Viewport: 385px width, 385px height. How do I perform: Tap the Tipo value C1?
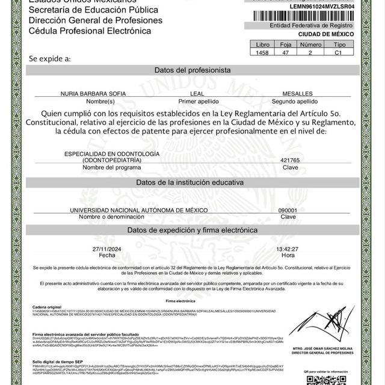339,53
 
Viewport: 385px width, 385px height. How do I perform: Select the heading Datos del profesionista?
192,70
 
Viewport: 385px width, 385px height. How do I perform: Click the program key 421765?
290,161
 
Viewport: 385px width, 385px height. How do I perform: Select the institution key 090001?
289,209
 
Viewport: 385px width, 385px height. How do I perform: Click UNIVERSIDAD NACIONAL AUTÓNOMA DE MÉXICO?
139,209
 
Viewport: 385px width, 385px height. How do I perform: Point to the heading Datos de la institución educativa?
192,182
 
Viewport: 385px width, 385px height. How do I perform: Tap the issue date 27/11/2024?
106,248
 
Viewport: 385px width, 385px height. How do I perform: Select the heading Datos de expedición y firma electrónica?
192,230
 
